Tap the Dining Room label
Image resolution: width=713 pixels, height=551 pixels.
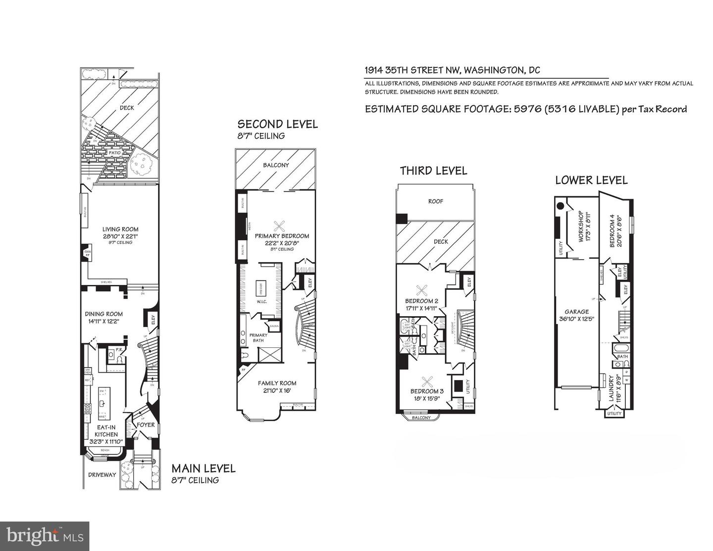coord(103,314)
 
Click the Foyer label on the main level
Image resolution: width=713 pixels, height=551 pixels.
coord(146,425)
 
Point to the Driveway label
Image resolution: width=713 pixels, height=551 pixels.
coord(102,475)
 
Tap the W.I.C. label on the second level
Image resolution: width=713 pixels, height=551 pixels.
coord(261,301)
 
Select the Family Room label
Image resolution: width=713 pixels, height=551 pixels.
coord(277,383)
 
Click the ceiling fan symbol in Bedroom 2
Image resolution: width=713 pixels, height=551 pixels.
coord(422,290)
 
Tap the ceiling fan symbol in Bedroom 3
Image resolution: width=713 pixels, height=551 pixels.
coord(427,381)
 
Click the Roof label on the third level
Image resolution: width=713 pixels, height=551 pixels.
coord(436,202)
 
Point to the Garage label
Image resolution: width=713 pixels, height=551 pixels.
coord(577,312)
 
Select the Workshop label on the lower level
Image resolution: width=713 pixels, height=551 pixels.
coord(582,226)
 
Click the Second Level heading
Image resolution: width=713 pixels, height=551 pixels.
coord(277,124)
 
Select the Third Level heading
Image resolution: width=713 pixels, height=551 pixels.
coord(433,171)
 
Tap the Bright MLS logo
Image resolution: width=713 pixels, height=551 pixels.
coord(45,536)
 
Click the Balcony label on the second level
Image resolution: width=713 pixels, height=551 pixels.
coord(276,165)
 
